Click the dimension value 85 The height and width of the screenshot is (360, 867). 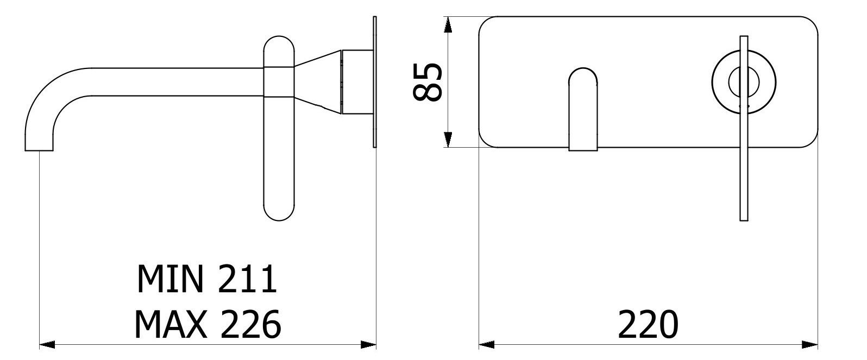tap(427, 82)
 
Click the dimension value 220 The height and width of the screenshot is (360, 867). tap(648, 325)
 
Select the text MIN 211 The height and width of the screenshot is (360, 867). tap(207, 279)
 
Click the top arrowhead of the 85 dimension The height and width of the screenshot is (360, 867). tap(448, 24)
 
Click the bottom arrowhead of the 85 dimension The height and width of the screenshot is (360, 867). tap(448, 140)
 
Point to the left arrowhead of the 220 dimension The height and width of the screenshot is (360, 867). tap(487, 344)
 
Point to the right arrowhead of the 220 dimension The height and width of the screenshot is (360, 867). tap(810, 344)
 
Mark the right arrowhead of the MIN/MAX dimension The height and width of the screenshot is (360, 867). tap(369, 344)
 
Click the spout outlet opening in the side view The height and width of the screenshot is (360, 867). tap(39, 150)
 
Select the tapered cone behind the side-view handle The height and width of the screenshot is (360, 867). tap(318, 82)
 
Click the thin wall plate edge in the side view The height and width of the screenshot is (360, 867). tap(374, 81)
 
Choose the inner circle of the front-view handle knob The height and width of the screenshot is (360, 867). tap(743, 81)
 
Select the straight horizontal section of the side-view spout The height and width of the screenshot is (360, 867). tap(174, 82)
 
